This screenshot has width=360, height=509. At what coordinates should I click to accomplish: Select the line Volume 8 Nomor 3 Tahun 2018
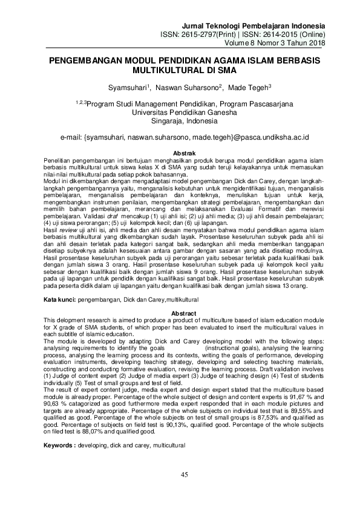(x=275, y=44)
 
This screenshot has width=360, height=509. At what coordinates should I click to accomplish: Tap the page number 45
(x=184, y=475)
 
